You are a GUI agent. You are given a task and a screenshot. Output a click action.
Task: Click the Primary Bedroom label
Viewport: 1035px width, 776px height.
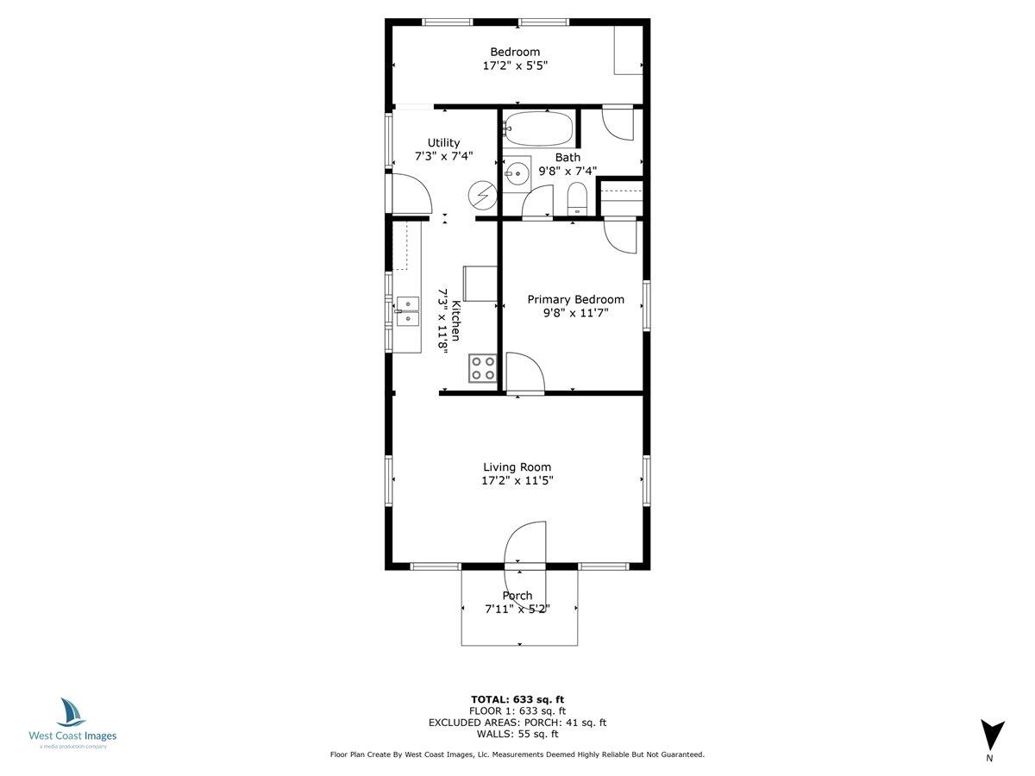[575, 299]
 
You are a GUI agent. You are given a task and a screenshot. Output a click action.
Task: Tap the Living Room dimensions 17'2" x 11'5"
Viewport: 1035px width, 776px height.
[517, 481]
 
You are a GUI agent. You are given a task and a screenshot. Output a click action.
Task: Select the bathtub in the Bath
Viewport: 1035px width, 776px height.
[537, 129]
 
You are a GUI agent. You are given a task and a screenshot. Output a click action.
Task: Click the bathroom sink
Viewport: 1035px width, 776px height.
[517, 172]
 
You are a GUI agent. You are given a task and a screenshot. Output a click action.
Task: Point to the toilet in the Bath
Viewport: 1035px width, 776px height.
[577, 199]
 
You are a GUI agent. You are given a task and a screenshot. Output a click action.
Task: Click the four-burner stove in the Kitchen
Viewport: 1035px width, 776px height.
[483, 368]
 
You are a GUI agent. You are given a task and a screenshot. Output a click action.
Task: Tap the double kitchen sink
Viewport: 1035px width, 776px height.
[407, 311]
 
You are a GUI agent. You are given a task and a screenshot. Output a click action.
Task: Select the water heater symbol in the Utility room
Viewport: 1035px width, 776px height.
[482, 196]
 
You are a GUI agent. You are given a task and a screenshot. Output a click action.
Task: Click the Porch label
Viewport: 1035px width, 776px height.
[517, 596]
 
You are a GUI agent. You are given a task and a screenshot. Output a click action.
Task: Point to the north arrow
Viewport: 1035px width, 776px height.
[992, 735]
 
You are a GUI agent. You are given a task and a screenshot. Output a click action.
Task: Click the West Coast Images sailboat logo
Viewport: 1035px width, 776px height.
[72, 713]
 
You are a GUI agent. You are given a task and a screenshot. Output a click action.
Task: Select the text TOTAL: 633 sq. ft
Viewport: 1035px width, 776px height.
[517, 699]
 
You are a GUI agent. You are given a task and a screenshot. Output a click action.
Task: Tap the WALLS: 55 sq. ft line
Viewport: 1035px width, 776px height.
[517, 735]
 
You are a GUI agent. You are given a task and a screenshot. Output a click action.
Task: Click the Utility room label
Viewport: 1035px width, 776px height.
[444, 143]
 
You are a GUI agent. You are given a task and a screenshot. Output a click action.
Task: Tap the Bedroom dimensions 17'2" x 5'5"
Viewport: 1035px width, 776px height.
[515, 65]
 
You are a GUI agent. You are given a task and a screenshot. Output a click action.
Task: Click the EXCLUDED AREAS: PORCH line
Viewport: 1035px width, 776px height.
[517, 723]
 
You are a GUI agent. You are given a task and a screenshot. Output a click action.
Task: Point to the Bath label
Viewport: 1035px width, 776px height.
[568, 158]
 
